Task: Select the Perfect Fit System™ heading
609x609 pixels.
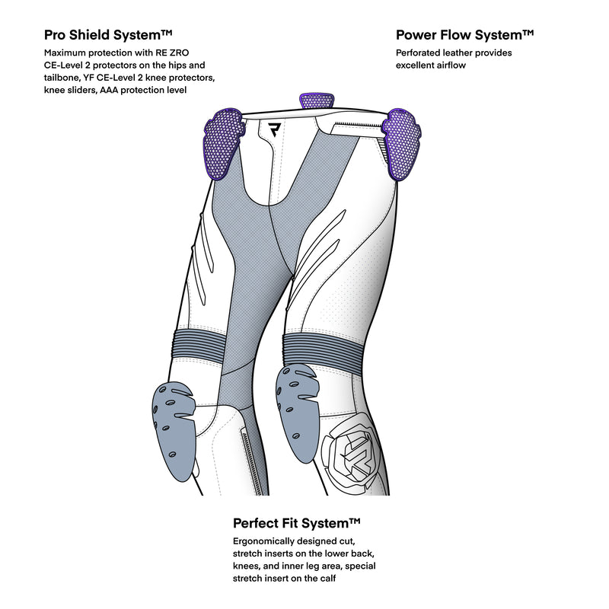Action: click(297, 524)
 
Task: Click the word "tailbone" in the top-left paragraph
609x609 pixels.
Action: click(63, 78)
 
